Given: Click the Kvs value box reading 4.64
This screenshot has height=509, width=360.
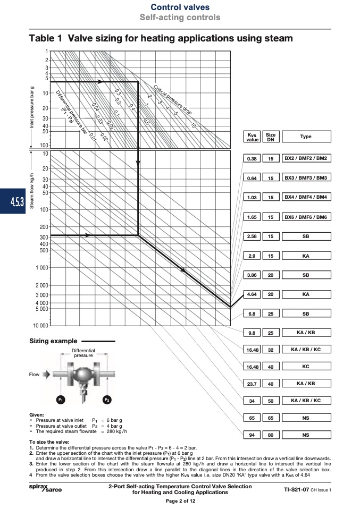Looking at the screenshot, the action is pos(252,294).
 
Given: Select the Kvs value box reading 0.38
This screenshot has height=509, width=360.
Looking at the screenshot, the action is pos(252,158).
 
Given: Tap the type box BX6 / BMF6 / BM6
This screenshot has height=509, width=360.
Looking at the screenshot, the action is pos(306,217).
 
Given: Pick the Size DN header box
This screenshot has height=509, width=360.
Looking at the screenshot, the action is pos(271,137).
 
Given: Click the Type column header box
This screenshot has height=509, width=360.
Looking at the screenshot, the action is pos(306,137).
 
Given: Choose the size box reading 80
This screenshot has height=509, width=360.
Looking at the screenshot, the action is pos(271,435).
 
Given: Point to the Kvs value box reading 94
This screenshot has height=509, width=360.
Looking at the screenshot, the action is pos(252,435).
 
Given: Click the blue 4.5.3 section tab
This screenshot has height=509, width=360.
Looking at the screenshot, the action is pos(13,201).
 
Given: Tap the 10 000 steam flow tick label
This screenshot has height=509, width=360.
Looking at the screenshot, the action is pos(40,325).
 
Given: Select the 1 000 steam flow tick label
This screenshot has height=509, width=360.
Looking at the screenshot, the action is pos(42,268).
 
